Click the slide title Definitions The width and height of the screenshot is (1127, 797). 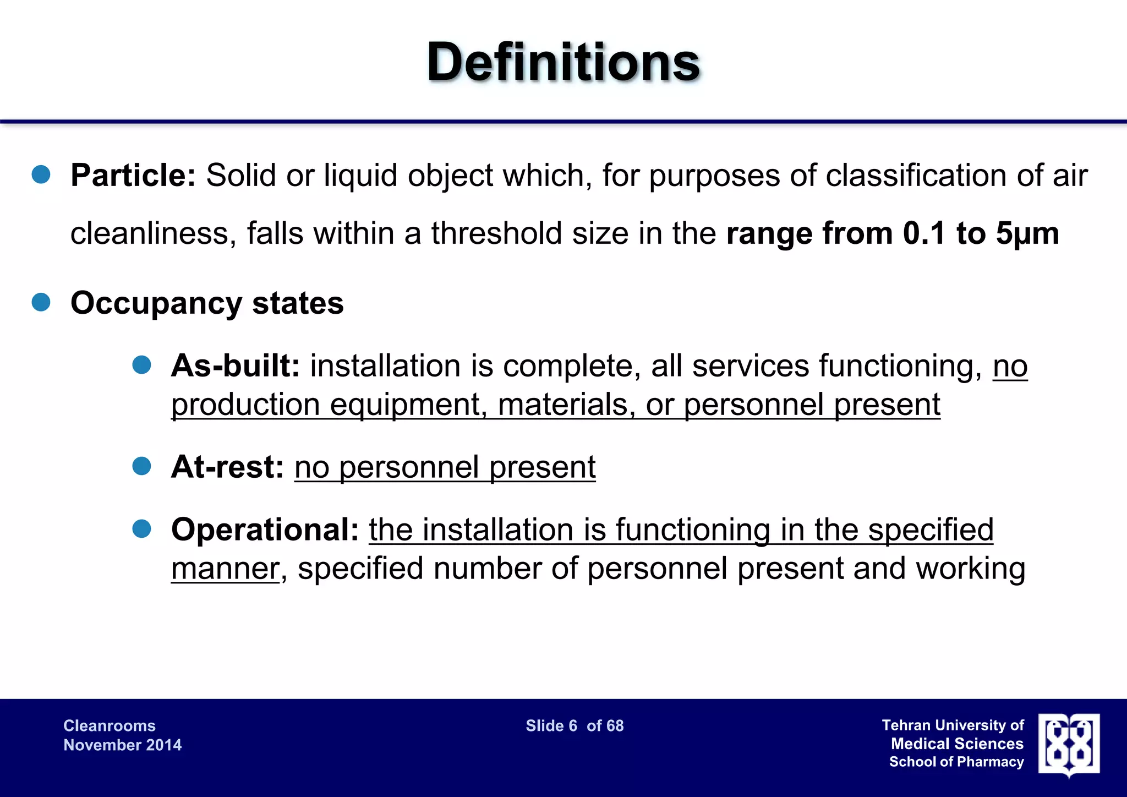tap(563, 62)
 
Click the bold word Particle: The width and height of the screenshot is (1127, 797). tap(133, 176)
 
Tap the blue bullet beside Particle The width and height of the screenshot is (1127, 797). tap(41, 175)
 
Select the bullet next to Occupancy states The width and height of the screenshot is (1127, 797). tap(41, 302)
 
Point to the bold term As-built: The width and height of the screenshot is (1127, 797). tap(236, 365)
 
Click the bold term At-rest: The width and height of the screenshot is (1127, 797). tap(227, 467)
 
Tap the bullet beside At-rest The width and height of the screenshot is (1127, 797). tap(142, 466)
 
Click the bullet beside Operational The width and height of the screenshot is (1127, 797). tap(142, 529)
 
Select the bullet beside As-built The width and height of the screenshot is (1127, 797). tap(142, 365)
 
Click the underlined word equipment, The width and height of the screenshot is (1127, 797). tap(408, 405)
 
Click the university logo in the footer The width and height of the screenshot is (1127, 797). tap(1069, 745)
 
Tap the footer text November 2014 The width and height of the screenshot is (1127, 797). tap(122, 745)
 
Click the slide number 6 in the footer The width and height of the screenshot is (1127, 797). tap(573, 726)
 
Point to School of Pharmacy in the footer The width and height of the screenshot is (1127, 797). tap(956, 762)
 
